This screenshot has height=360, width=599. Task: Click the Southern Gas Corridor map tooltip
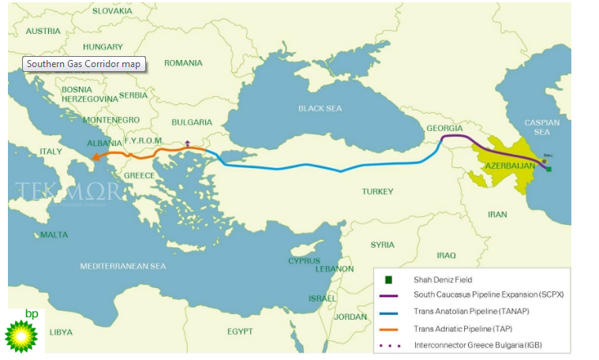pos(84,64)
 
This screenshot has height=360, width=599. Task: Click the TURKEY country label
pos(377,192)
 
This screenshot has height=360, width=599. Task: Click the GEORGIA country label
pos(444,128)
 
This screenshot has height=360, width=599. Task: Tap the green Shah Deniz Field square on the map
pos(548,169)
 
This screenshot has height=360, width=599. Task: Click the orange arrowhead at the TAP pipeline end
pos(96,156)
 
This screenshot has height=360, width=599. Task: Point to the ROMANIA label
pos(184,62)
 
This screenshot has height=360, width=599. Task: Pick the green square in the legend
pos(388,279)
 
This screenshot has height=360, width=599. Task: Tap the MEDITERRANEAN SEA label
pos(123,266)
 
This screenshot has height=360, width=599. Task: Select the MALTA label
pos(54,234)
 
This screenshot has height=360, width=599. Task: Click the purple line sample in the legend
pos(388,295)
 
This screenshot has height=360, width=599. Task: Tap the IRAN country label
pos(497,214)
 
